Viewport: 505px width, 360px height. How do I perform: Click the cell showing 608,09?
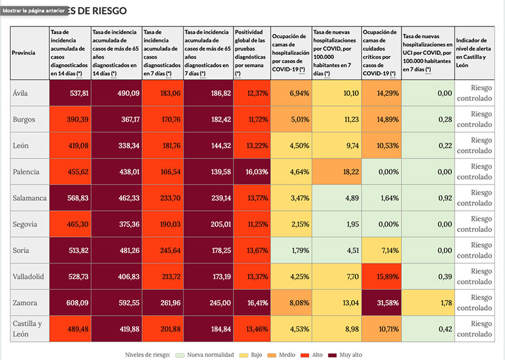pyautogui.click(x=69, y=303)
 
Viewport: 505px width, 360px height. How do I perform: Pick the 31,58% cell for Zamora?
pyautogui.click(x=381, y=303)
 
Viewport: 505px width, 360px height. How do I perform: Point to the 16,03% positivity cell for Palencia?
pyautogui.click(x=252, y=172)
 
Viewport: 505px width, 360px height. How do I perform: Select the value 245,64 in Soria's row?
pyautogui.click(x=162, y=251)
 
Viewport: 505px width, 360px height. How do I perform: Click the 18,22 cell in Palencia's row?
pyautogui.click(x=336, y=172)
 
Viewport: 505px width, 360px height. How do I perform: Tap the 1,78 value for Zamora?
pyautogui.click(x=428, y=303)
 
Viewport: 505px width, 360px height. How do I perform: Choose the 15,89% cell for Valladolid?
pyautogui.click(x=381, y=277)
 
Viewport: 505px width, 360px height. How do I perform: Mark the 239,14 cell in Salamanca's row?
pyautogui.click(x=208, y=198)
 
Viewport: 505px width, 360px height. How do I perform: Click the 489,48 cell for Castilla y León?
pyautogui.click(x=69, y=328)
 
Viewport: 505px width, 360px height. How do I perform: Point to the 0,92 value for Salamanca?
pyautogui.click(x=428, y=198)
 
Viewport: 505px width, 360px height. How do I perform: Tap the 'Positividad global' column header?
pyautogui.click(x=252, y=52)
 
